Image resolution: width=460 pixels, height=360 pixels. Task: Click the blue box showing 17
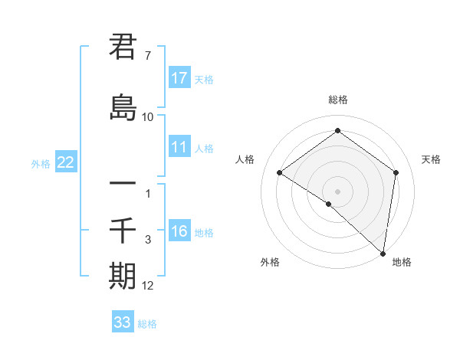click(x=179, y=78)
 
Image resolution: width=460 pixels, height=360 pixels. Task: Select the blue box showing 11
click(x=179, y=147)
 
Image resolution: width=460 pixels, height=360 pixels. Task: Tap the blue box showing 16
click(x=179, y=232)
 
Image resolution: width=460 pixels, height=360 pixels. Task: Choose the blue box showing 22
click(x=66, y=162)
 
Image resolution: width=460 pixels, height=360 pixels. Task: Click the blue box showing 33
click(x=123, y=322)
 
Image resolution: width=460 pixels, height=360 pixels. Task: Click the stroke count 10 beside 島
click(x=148, y=116)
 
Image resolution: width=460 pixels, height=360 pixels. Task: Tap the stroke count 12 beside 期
click(x=148, y=286)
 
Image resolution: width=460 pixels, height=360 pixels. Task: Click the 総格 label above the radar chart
click(x=337, y=100)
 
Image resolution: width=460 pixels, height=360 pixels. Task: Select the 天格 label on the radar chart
click(x=432, y=159)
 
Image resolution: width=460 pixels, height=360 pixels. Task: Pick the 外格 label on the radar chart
click(x=270, y=262)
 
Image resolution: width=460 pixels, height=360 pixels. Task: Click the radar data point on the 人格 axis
click(x=280, y=173)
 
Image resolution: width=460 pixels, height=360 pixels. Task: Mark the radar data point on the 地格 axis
click(x=383, y=254)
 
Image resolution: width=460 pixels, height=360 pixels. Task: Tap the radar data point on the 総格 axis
click(x=337, y=131)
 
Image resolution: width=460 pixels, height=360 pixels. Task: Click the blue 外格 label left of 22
click(x=41, y=163)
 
